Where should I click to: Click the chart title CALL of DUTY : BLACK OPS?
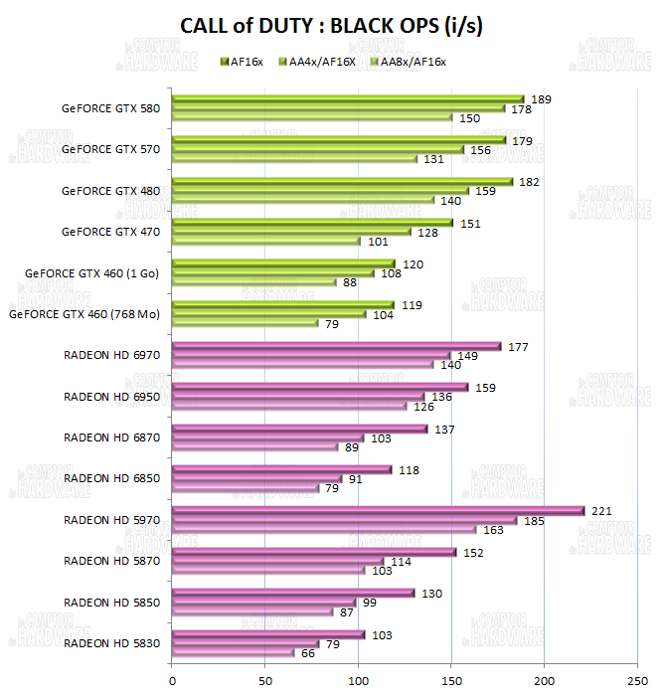click(331, 27)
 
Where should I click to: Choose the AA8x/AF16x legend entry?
click(408, 62)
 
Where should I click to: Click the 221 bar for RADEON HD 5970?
click(378, 511)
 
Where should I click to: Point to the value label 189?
click(542, 99)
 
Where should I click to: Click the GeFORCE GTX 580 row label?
click(110, 108)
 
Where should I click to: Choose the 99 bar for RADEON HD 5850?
click(263, 603)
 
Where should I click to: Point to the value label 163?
click(494, 530)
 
